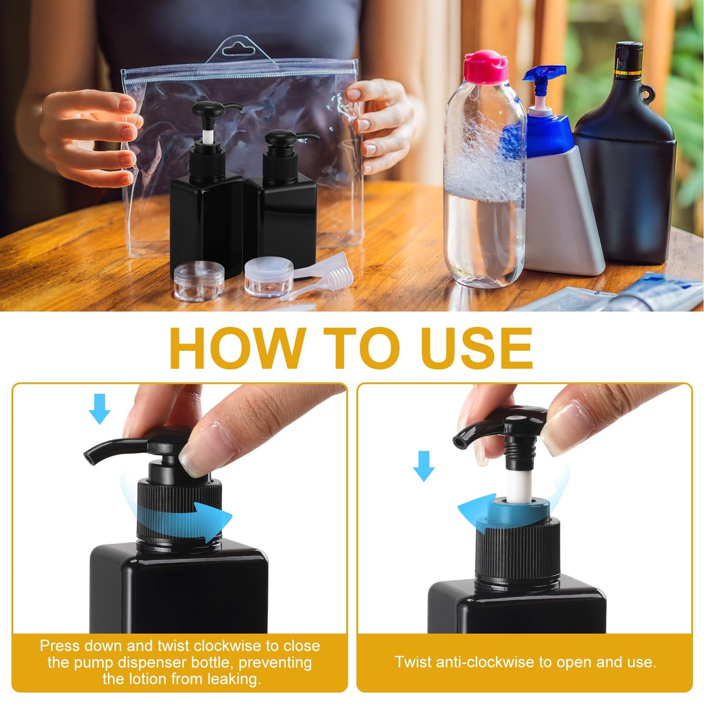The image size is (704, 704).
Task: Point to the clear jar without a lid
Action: pyautogui.click(x=199, y=280)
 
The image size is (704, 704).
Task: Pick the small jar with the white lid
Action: pyautogui.click(x=268, y=276)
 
